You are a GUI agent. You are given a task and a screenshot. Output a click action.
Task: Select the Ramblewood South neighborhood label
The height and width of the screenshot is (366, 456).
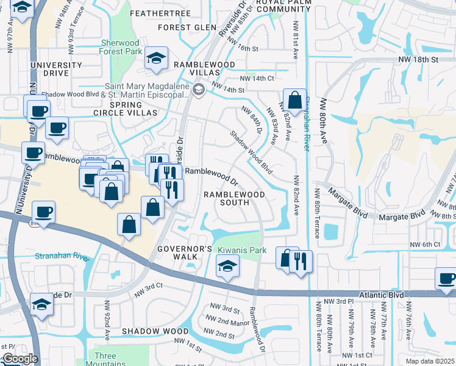pos(234,198)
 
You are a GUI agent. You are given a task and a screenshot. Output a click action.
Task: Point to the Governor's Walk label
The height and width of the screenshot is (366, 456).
pos(185,253)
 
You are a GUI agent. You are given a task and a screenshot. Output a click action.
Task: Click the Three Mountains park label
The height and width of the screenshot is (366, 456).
pos(105,360)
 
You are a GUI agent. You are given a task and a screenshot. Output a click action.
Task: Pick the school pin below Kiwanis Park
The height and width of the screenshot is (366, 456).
pos(227,266)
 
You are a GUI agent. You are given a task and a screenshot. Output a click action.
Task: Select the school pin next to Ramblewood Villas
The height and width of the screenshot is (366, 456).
pos(157,58)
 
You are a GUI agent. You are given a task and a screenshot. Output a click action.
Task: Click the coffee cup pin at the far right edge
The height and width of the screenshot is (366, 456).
pos(447,278)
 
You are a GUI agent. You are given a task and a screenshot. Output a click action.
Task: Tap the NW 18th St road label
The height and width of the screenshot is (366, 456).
pos(418,60)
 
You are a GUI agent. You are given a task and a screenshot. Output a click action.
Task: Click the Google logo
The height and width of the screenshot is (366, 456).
pos(20,359)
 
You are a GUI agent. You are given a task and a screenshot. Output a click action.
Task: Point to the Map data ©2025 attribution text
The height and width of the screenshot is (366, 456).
pos(430,361)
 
